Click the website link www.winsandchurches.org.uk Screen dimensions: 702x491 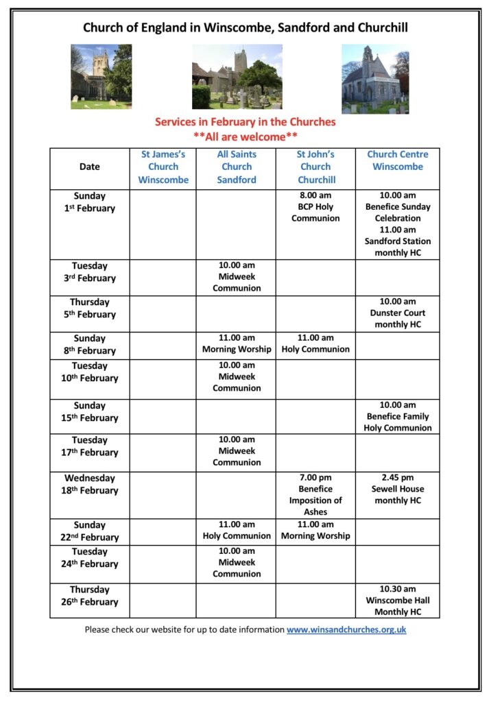tap(346, 629)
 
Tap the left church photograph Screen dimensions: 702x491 tap(101, 77)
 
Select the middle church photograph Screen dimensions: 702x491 tap(237, 77)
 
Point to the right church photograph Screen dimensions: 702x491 tap(375, 79)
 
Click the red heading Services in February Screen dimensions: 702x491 tap(245, 122)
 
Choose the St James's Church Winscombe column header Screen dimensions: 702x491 tap(163, 167)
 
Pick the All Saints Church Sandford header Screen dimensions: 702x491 tap(237, 167)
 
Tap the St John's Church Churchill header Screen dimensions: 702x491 tap(315, 167)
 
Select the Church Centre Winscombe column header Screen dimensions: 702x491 tap(398, 161)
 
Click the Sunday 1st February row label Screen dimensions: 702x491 tap(90, 202)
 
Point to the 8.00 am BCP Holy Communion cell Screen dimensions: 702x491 tap(315, 207)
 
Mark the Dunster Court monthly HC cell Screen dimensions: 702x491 tap(398, 313)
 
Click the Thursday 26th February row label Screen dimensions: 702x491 tap(90, 596)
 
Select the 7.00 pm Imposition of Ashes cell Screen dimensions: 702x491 tap(315, 494)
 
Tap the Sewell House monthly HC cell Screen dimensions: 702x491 tap(398, 489)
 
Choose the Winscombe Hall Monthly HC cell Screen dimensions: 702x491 tap(398, 601)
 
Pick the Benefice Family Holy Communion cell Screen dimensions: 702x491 tap(398, 416)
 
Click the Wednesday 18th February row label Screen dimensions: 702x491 tap(90, 484)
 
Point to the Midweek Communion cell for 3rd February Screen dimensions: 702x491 tap(237, 277)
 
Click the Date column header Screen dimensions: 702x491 tap(90, 167)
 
